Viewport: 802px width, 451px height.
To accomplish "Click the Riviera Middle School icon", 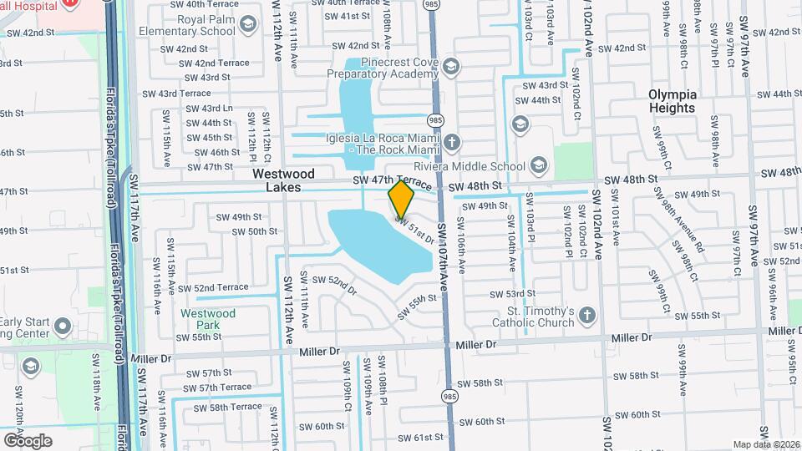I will click(538, 164).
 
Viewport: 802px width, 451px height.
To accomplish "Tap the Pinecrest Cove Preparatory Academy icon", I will click(451, 66).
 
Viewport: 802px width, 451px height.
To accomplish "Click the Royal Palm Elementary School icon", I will click(247, 26).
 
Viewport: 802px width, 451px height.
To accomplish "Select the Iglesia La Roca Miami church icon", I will click(451, 142).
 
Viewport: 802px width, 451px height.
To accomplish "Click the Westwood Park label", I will click(208, 320).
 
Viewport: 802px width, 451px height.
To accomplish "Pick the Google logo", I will click(28, 440).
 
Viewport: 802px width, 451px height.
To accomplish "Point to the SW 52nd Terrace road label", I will click(210, 287).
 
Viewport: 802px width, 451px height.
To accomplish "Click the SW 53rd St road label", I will click(513, 294).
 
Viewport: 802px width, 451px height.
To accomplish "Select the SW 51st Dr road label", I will click(415, 231).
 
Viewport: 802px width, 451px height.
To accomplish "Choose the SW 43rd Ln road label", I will click(210, 109).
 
